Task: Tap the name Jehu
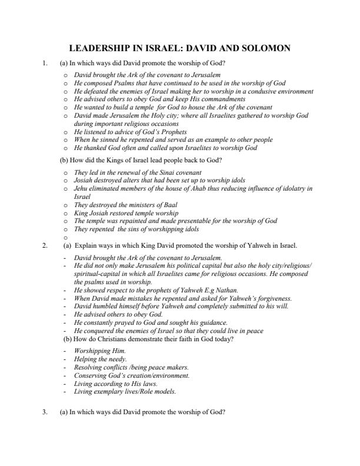80,188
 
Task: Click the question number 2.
45,245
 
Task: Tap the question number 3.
45,412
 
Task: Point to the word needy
116,359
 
